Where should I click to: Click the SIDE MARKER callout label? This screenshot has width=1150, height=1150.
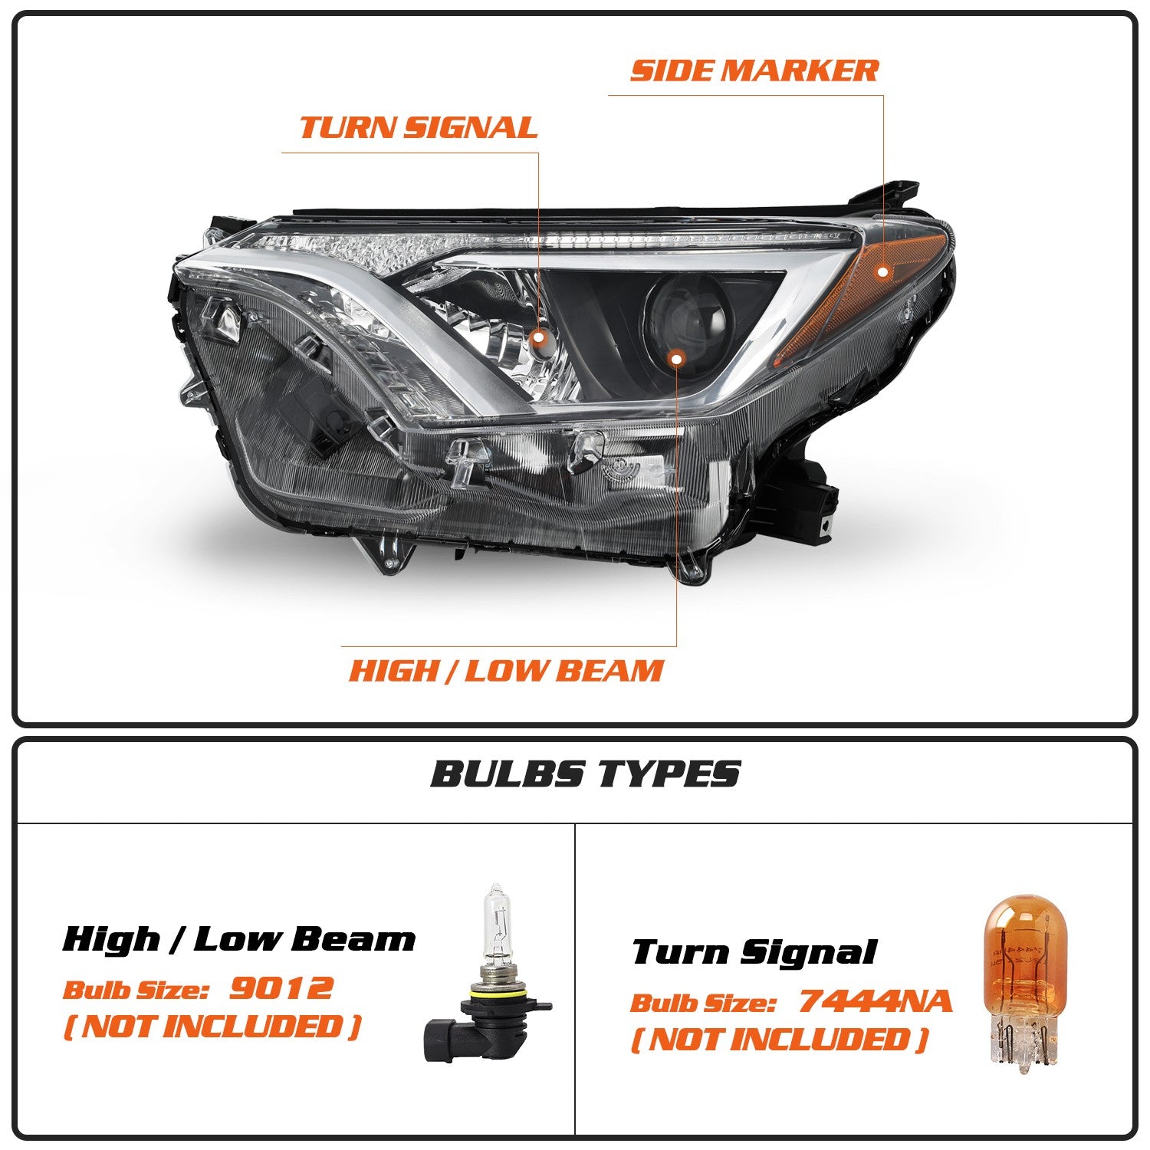pyautogui.click(x=754, y=70)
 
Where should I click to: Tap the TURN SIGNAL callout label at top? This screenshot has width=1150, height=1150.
pyautogui.click(x=419, y=127)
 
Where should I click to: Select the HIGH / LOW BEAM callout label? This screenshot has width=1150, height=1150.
pyautogui.click(x=506, y=670)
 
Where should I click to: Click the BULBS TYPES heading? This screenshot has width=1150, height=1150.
pyautogui.click(x=586, y=773)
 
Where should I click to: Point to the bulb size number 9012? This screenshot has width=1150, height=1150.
pyautogui.click(x=281, y=987)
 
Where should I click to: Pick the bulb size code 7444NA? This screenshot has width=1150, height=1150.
pyautogui.click(x=875, y=1001)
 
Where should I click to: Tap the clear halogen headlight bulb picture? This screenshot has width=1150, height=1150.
pyautogui.click(x=488, y=974)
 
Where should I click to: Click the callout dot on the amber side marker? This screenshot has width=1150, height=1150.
pyautogui.click(x=883, y=271)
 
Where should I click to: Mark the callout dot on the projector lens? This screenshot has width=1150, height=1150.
pyautogui.click(x=676, y=357)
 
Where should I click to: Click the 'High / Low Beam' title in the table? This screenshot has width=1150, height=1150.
pyautogui.click(x=239, y=938)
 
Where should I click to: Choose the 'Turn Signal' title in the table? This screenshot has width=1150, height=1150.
pyautogui.click(x=754, y=952)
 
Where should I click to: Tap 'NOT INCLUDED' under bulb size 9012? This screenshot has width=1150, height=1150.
pyautogui.click(x=212, y=1026)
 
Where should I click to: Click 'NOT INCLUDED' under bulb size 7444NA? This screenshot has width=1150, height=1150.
pyautogui.click(x=780, y=1040)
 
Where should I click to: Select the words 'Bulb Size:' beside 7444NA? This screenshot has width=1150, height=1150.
pyautogui.click(x=704, y=1003)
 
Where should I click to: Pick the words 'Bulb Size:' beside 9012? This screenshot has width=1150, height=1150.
pyautogui.click(x=136, y=990)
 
